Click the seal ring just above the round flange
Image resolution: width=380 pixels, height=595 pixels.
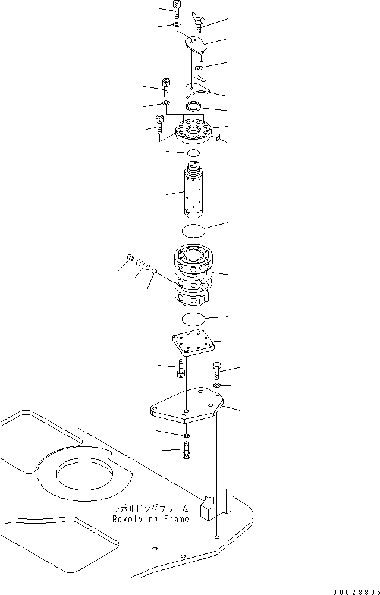(x=194, y=107)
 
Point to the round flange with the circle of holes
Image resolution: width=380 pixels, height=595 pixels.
(x=194, y=134)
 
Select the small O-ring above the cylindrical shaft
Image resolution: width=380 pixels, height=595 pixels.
(x=194, y=153)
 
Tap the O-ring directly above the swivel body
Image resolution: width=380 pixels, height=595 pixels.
(x=193, y=230)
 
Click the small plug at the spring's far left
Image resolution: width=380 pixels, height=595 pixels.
(x=129, y=257)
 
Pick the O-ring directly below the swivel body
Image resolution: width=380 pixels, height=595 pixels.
(x=194, y=319)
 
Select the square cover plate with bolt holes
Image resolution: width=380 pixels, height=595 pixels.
(x=191, y=344)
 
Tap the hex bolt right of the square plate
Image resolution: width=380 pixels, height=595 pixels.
(x=216, y=371)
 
